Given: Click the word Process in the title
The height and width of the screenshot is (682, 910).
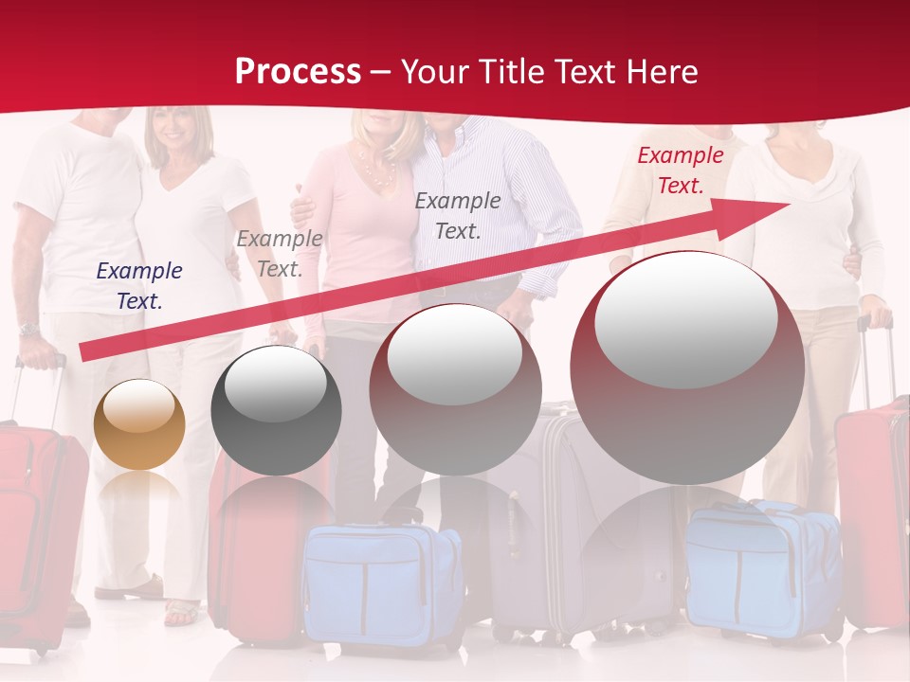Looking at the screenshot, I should coord(298,71).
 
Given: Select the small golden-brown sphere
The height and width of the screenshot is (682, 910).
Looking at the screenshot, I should coord(139,424).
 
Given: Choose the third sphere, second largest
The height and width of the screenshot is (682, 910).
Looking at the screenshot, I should coord(455,388).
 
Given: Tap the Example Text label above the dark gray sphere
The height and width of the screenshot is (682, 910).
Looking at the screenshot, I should coord(280,254).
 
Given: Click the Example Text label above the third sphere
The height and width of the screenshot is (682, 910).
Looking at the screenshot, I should coord(458,215).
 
